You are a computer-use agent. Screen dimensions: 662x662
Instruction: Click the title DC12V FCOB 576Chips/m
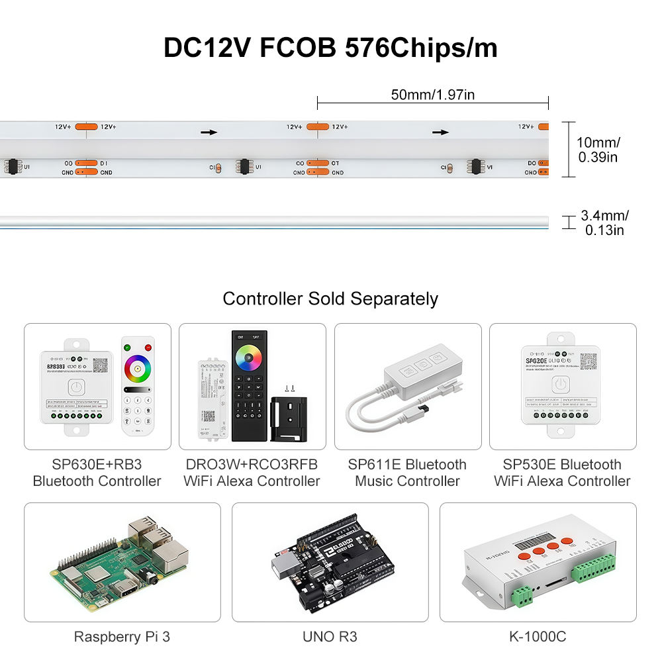click(x=330, y=48)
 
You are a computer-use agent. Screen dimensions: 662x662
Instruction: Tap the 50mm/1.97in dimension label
click(x=432, y=95)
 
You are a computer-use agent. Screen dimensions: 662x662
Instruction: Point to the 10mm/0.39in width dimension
click(x=598, y=149)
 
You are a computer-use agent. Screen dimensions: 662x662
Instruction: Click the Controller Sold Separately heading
click(x=330, y=299)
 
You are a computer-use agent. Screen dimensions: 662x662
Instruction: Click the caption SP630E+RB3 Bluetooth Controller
click(x=97, y=473)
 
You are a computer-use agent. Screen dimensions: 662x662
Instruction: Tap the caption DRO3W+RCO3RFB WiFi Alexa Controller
click(x=252, y=473)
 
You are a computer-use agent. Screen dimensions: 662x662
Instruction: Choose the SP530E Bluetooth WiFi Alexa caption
click(x=562, y=473)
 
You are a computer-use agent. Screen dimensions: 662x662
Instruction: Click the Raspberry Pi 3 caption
click(x=122, y=637)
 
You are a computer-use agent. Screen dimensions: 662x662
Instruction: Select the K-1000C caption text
click(x=538, y=637)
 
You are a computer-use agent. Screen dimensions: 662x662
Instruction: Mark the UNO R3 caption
click(x=330, y=637)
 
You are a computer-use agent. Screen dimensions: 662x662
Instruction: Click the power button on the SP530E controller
click(x=561, y=383)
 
